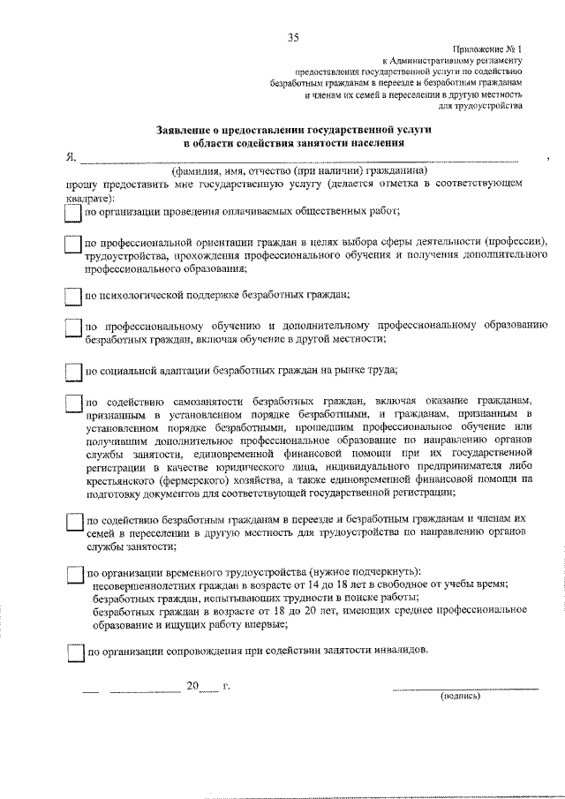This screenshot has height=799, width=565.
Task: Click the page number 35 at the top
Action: click(x=294, y=36)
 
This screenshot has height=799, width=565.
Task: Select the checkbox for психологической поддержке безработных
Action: click(x=73, y=296)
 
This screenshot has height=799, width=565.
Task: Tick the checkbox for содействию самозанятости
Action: click(x=73, y=403)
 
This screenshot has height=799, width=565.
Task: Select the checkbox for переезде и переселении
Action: click(x=73, y=522)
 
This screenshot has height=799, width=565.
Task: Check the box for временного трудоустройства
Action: click(x=73, y=573)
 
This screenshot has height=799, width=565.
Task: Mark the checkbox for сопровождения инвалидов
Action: click(x=73, y=654)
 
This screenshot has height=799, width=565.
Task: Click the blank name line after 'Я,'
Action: click(x=300, y=160)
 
